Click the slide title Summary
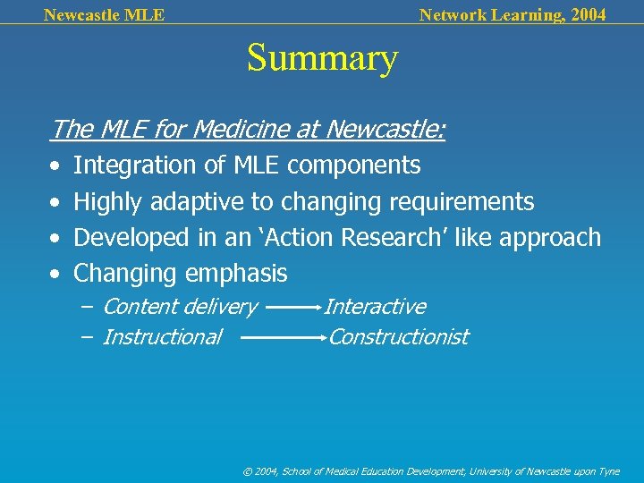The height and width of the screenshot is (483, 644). pyautogui.click(x=322, y=59)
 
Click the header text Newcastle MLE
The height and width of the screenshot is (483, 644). pyautogui.click(x=104, y=14)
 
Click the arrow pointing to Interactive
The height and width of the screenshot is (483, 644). pyautogui.click(x=293, y=307)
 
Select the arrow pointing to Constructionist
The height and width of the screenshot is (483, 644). pyautogui.click(x=284, y=338)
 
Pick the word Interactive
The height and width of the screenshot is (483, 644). pyautogui.click(x=375, y=307)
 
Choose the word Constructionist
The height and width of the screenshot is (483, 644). pyautogui.click(x=399, y=337)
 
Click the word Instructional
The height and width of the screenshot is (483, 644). pyautogui.click(x=162, y=337)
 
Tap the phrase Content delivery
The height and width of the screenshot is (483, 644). pyautogui.click(x=180, y=307)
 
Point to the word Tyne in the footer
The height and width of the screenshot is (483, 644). pyautogui.click(x=607, y=470)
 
